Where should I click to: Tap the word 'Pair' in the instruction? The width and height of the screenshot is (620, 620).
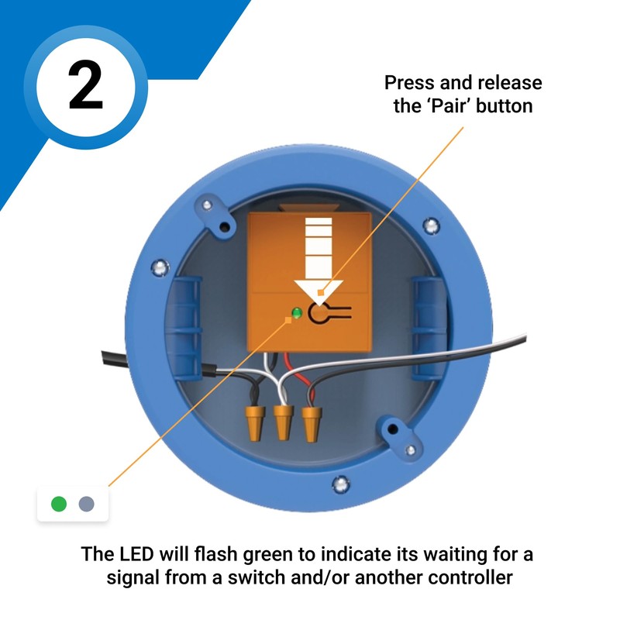pyautogui.click(x=453, y=105)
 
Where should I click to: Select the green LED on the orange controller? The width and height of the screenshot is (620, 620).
pyautogui.click(x=295, y=314)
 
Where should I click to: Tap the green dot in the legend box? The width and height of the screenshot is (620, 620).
pyautogui.click(x=59, y=505)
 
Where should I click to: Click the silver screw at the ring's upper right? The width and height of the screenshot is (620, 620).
pyautogui.click(x=431, y=226)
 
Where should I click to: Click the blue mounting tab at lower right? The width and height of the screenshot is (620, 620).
pyautogui.click(x=397, y=436)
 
